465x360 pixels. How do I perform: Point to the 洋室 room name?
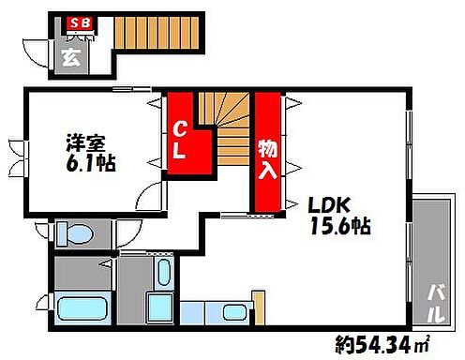tap(83, 144)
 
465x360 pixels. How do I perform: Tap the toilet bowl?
tap(75, 233)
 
